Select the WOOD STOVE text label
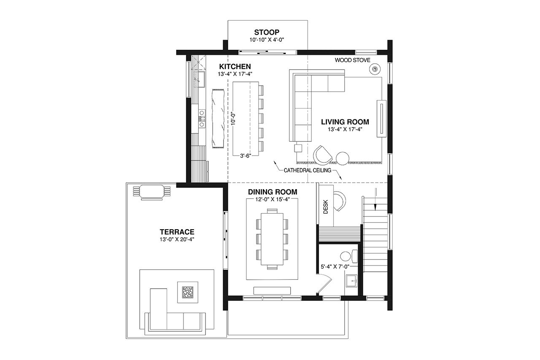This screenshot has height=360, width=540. pyautogui.click(x=353, y=60)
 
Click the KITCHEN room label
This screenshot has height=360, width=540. pyautogui.click(x=235, y=67)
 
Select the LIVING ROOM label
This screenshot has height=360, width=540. pyautogui.click(x=345, y=122)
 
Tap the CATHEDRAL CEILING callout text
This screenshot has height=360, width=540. pyautogui.click(x=307, y=171)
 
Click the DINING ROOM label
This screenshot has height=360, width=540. pyautogui.click(x=272, y=192)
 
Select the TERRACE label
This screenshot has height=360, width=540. pyautogui.click(x=177, y=232)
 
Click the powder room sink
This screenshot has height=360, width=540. pyautogui.click(x=351, y=280)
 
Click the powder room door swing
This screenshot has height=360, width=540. pyautogui.click(x=324, y=282)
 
